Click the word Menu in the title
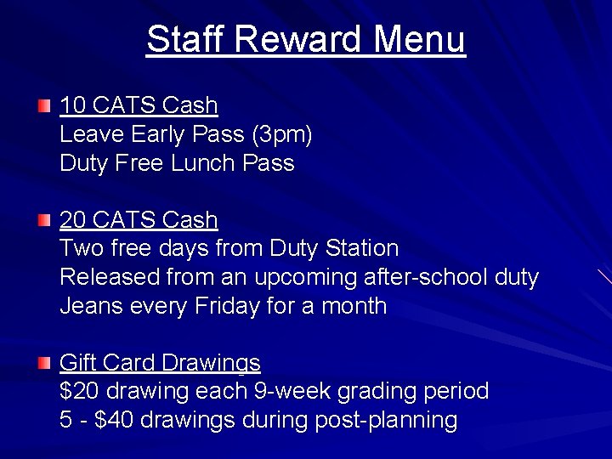pos(420,39)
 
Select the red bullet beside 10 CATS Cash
pos(44,106)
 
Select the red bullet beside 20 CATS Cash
pos(44,221)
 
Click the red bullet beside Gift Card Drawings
pos(44,364)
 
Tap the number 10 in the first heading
pos(72,105)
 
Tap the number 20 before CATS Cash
pos(72,220)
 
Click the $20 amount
pos(78,392)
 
